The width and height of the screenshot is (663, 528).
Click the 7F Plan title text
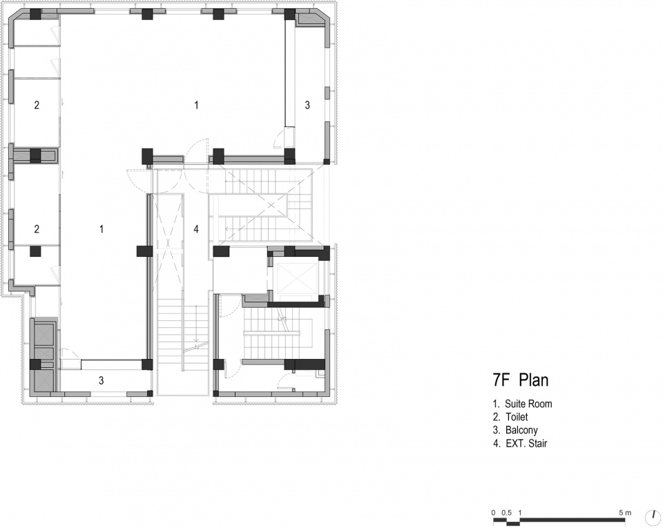(x=521, y=380)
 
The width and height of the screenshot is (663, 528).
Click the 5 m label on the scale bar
(x=625, y=513)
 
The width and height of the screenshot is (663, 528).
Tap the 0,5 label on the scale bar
(x=506, y=513)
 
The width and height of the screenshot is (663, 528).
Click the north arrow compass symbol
(x=653, y=516)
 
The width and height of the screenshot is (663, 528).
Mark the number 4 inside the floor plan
(x=195, y=229)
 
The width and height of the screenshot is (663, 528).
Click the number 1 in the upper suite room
(x=196, y=105)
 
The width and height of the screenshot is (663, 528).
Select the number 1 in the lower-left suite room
(x=102, y=229)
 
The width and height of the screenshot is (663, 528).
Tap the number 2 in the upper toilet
(x=37, y=105)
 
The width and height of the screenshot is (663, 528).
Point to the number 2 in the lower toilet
(x=37, y=229)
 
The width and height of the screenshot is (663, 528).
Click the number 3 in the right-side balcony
(x=307, y=105)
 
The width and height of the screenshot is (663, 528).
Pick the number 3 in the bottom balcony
(x=101, y=380)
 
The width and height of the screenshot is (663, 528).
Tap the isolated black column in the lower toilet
(x=35, y=251)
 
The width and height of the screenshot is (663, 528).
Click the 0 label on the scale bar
(x=493, y=513)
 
